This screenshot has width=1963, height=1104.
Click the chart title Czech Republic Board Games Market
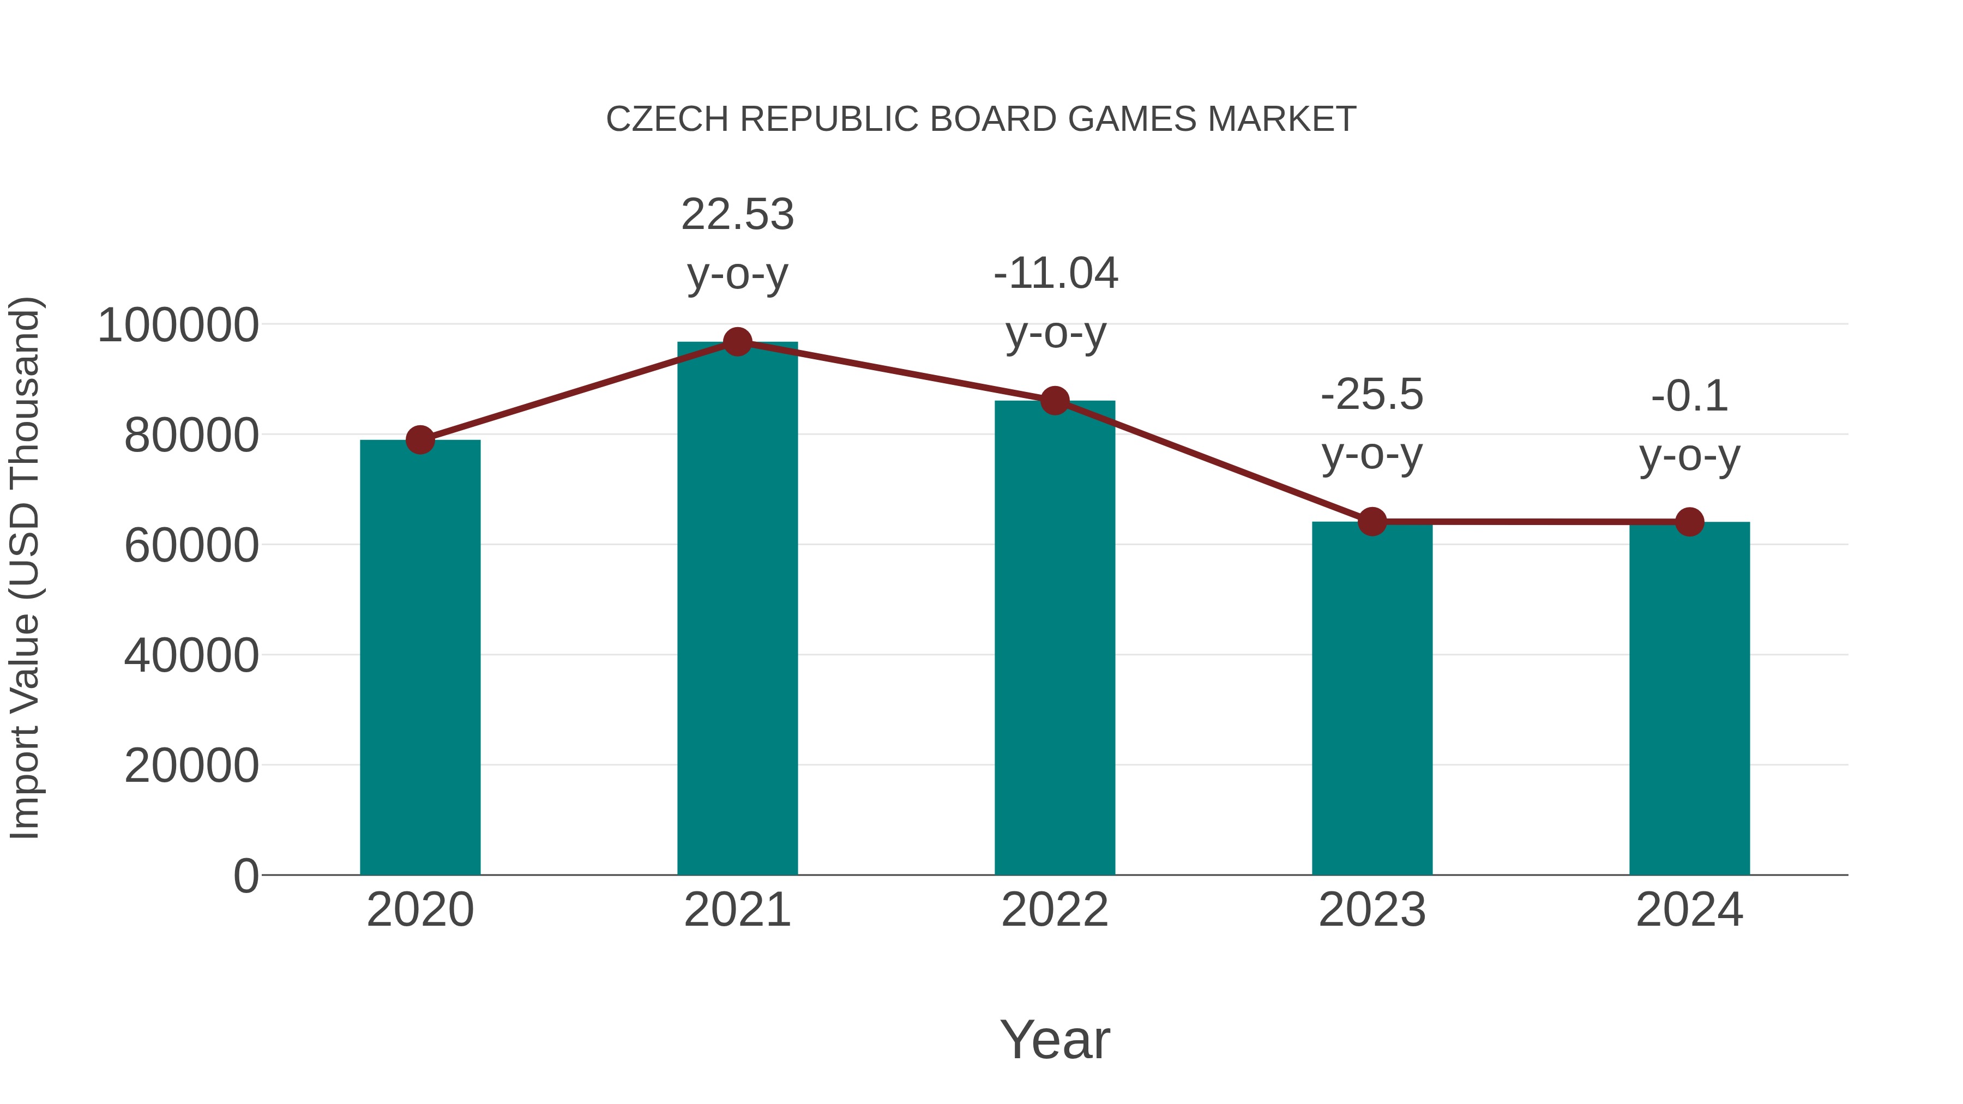(x=981, y=119)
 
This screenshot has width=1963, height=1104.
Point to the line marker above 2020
(x=420, y=439)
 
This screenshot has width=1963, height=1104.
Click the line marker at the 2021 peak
(x=737, y=342)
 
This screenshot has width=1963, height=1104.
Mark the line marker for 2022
(x=1055, y=401)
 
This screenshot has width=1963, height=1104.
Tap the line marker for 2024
(x=1689, y=522)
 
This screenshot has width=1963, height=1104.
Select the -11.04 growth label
(x=1056, y=274)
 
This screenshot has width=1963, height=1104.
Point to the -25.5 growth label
(x=1372, y=395)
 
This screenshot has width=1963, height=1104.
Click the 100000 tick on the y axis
(x=178, y=325)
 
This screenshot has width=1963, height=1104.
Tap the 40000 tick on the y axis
(x=191, y=655)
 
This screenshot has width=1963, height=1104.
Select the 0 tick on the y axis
(x=245, y=876)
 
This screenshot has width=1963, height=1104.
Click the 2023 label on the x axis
(x=1372, y=910)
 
